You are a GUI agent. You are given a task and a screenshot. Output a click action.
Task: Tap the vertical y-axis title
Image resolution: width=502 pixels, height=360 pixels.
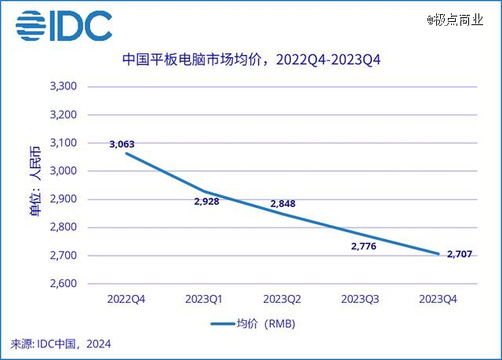(x=35, y=185)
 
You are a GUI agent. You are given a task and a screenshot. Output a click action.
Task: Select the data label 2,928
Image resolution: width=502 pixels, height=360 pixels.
(x=206, y=202)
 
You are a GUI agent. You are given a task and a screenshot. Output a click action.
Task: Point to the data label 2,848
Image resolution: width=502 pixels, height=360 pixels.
(x=282, y=204)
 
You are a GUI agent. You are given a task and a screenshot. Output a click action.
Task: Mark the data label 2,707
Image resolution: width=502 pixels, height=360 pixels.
(x=461, y=254)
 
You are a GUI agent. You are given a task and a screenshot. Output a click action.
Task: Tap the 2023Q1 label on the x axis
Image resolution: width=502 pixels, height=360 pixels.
(x=204, y=299)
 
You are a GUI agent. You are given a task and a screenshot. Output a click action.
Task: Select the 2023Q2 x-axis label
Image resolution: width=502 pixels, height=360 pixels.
(x=282, y=299)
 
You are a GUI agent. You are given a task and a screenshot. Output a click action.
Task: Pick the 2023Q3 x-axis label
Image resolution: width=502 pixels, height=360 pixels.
(x=360, y=299)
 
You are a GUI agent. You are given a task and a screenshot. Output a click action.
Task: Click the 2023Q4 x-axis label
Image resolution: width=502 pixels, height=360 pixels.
(x=438, y=299)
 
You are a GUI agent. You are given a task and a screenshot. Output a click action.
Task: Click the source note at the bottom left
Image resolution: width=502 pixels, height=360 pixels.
(x=61, y=344)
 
